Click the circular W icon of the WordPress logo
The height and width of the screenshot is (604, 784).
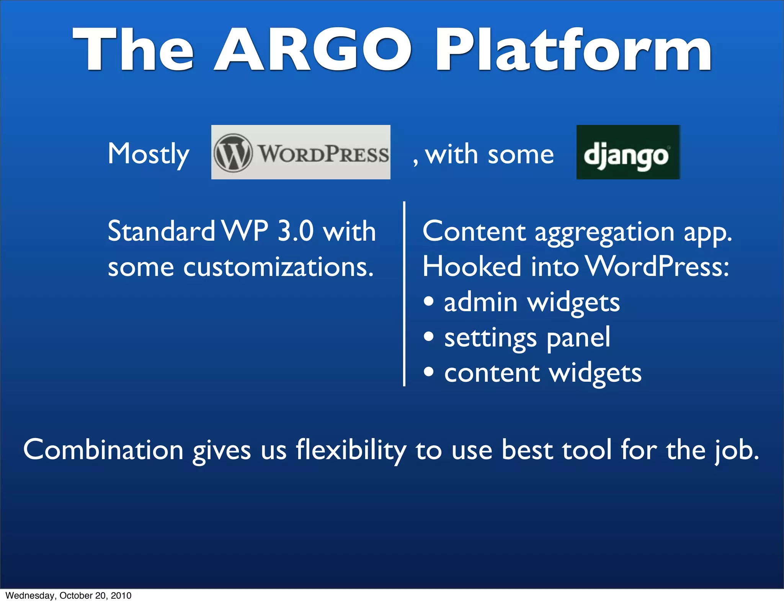coord(233,153)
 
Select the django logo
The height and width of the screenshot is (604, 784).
coord(628,153)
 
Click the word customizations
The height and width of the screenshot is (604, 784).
coord(278,267)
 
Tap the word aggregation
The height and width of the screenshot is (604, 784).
coord(604,232)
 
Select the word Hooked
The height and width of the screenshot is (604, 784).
coord(472,267)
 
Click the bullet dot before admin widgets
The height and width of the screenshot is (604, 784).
coord(429,301)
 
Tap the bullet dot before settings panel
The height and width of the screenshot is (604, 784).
coord(429,336)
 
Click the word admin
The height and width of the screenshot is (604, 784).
coord(480,302)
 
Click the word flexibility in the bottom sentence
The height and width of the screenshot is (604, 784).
coord(351,450)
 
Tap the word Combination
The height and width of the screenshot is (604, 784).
coord(103,450)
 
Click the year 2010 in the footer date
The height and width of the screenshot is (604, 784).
coord(121,596)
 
